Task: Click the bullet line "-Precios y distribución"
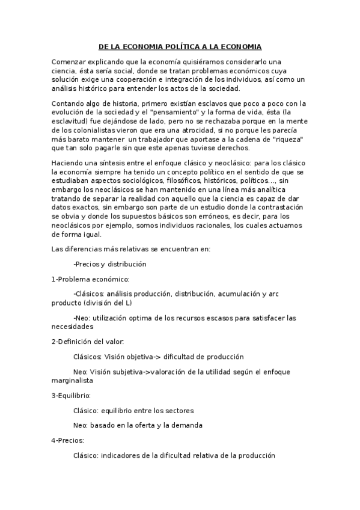pyautogui.click(x=109, y=263)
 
